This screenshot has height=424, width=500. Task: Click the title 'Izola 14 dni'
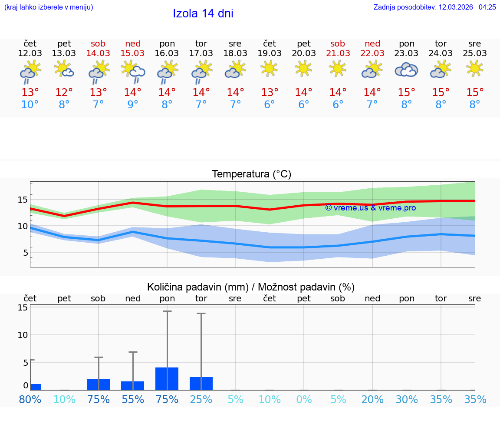(203, 13)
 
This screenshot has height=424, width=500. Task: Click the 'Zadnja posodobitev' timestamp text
(434, 7)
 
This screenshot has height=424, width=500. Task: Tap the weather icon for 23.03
(406, 70)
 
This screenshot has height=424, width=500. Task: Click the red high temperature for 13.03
(64, 92)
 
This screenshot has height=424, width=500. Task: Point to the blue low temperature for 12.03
(30, 104)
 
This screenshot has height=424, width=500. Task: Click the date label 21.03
(338, 53)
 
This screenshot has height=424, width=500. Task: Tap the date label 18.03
(235, 53)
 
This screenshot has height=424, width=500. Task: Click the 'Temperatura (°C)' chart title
(251, 174)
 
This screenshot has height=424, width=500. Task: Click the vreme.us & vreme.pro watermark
(370, 208)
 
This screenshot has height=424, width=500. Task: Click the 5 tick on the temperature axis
(25, 253)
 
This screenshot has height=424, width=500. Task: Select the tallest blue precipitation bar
(167, 379)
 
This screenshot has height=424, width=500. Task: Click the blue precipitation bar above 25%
(201, 384)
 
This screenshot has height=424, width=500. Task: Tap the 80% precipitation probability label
(30, 399)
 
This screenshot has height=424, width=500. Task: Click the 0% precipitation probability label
(304, 399)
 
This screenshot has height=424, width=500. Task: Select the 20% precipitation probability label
(372, 399)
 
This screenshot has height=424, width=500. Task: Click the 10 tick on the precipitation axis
(23, 335)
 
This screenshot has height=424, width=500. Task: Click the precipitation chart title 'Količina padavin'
(251, 287)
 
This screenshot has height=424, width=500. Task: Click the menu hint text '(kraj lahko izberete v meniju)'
(49, 7)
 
